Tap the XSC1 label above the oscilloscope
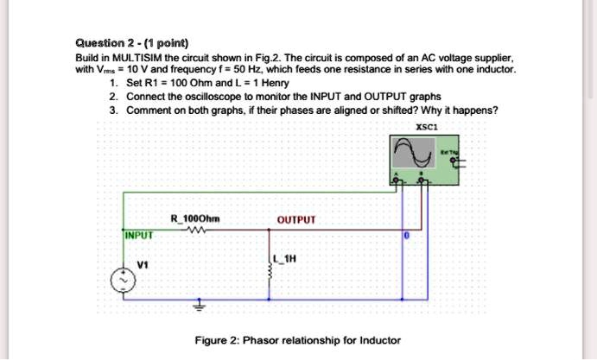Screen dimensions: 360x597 (424, 126)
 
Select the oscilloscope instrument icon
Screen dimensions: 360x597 (422, 160)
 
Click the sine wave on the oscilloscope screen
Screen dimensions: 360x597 (410, 155)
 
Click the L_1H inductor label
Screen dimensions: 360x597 (285, 258)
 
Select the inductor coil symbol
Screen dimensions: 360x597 (271, 268)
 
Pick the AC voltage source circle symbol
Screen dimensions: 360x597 (124, 281)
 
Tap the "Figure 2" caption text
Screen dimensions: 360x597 (298, 340)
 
